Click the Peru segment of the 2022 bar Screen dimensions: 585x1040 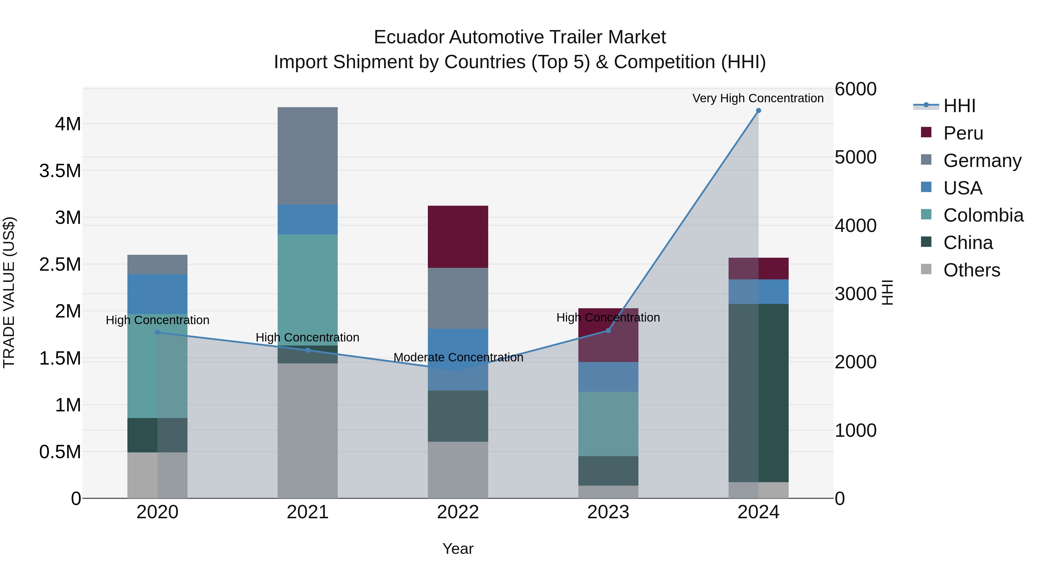pyautogui.click(x=458, y=237)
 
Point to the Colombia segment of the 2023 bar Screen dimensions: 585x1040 pyautogui.click(x=608, y=424)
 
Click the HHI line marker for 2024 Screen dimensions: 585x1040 pyautogui.click(x=758, y=111)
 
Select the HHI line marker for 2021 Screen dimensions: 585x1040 pyautogui.click(x=308, y=350)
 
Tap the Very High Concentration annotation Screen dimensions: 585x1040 pyautogui.click(x=758, y=98)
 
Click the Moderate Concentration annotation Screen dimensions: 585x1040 pyautogui.click(x=458, y=357)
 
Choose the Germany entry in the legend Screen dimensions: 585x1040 pyautogui.click(x=982, y=161)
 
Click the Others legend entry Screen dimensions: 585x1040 pyautogui.click(x=971, y=270)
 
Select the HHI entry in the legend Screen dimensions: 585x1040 pyautogui.click(x=959, y=106)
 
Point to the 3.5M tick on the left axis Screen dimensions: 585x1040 pyautogui.click(x=60, y=171)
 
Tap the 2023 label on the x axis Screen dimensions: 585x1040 pyautogui.click(x=608, y=512)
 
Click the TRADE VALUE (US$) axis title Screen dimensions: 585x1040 pyautogui.click(x=9, y=292)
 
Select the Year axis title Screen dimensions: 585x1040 pyautogui.click(x=458, y=549)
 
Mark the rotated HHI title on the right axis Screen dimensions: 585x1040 pyautogui.click(x=887, y=292)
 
